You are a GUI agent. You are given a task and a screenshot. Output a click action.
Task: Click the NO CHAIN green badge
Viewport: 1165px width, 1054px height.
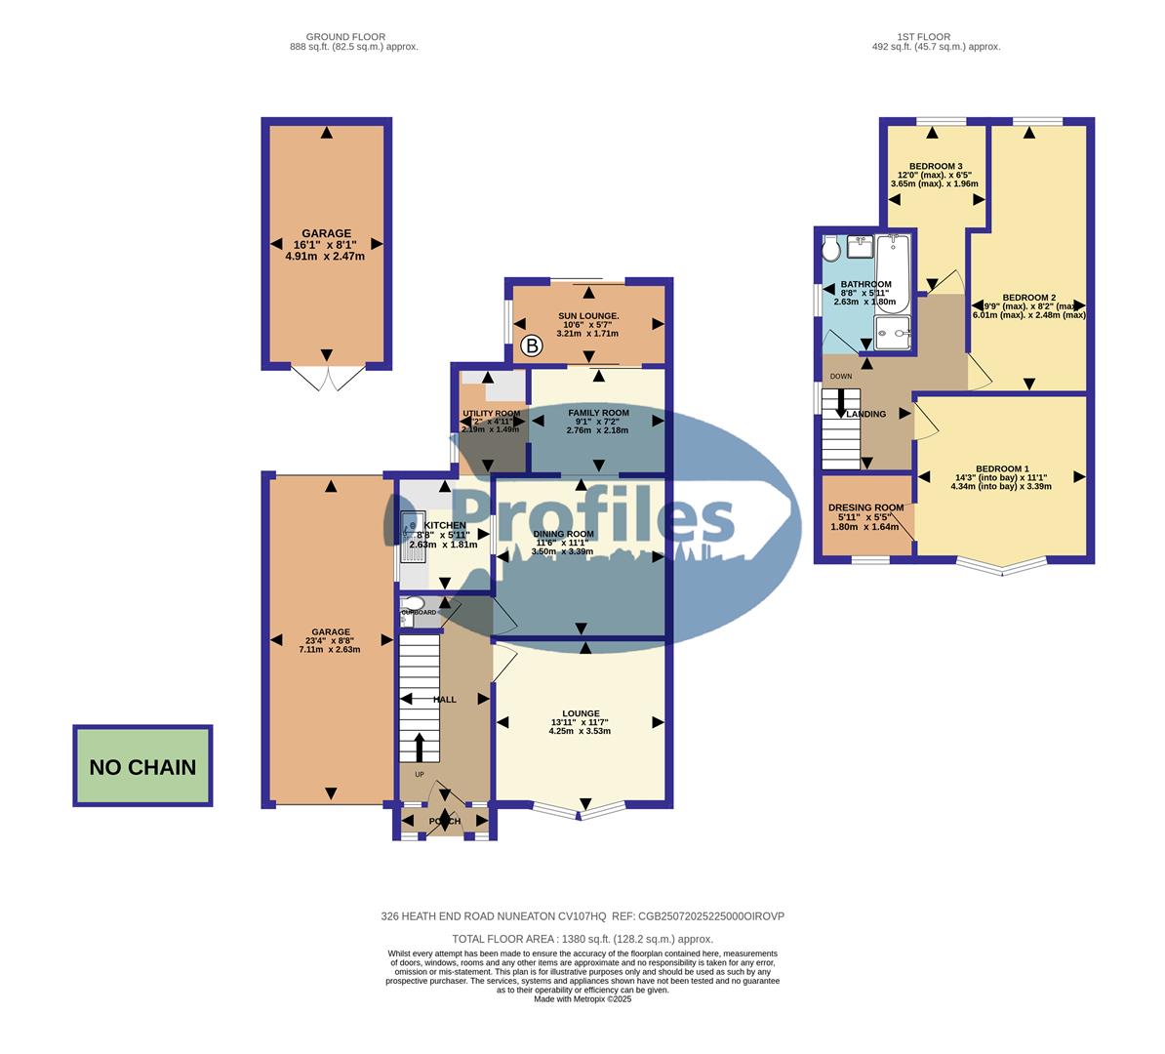point(142,767)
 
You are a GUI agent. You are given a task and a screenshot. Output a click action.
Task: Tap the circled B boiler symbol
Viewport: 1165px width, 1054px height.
point(532,345)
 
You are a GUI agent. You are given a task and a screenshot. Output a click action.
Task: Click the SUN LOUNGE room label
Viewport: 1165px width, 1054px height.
point(588,316)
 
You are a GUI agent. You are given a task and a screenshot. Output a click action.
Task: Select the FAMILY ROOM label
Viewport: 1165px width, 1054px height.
point(598,413)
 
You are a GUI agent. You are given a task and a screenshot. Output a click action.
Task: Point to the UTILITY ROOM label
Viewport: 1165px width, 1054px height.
point(491,414)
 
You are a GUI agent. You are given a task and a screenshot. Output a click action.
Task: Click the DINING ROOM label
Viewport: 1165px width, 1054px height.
point(563,534)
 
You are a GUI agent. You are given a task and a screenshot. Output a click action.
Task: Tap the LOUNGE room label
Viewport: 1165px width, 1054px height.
point(581,713)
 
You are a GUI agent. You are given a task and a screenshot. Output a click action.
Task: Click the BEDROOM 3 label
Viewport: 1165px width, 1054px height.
point(935,166)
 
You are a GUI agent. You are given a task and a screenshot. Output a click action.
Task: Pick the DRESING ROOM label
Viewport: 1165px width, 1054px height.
point(865,507)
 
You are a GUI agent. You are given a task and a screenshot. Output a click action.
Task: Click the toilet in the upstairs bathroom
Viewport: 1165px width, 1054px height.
point(831,250)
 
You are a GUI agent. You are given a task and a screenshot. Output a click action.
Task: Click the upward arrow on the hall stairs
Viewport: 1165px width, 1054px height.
point(420,748)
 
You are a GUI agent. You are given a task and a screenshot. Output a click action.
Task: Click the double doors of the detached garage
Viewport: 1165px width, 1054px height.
point(326,379)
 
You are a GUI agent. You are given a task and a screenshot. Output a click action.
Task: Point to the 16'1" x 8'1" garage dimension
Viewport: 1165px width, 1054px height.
point(326,245)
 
